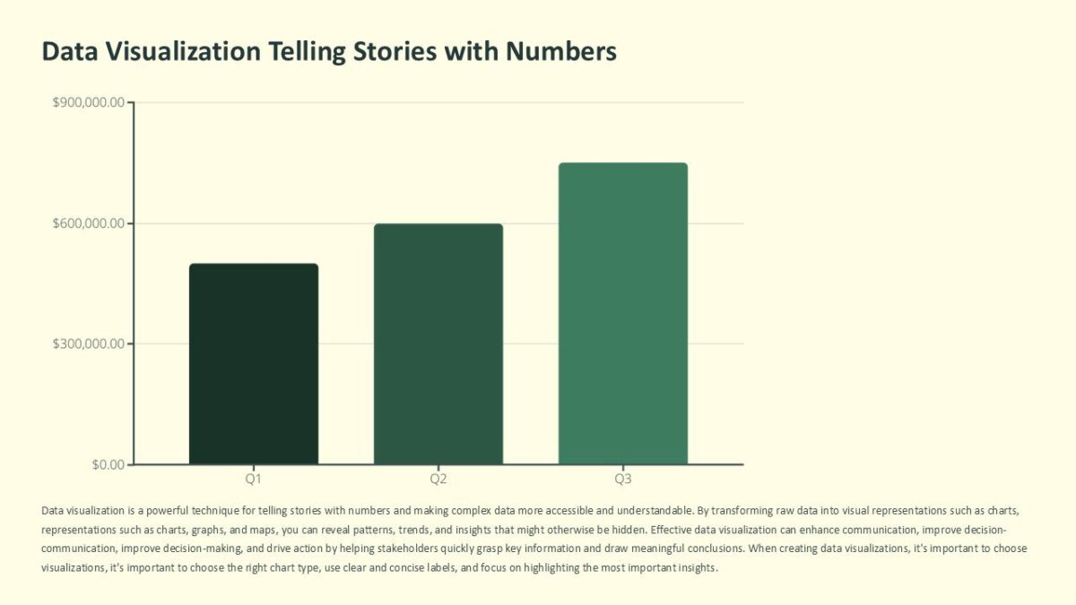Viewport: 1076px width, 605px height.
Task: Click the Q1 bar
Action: point(254,364)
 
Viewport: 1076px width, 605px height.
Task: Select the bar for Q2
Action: point(438,344)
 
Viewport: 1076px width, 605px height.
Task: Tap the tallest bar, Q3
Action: point(623,314)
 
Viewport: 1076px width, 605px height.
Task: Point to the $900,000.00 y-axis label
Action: point(89,103)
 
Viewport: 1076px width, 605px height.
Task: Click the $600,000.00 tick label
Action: point(89,223)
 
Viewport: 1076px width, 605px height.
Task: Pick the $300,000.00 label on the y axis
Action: point(89,344)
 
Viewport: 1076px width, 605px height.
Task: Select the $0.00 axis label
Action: point(108,464)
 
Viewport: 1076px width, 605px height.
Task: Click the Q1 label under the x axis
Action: point(254,480)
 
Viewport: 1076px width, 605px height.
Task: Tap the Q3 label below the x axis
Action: point(623,480)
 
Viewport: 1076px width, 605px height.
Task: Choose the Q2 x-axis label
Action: point(438,480)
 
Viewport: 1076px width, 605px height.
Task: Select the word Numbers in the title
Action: point(560,51)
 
